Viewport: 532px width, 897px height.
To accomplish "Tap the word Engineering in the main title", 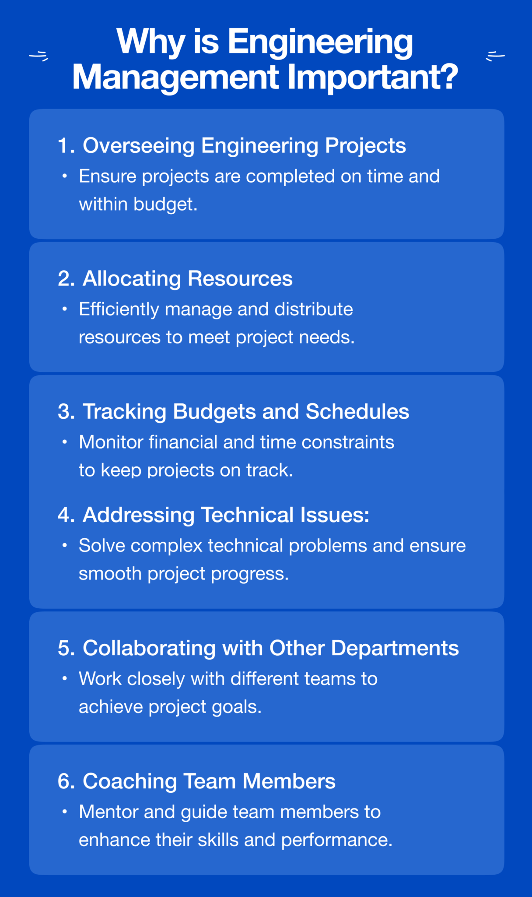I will [320, 42].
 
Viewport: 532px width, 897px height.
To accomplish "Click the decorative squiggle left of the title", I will [38, 56].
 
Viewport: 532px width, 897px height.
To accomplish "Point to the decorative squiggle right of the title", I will [495, 56].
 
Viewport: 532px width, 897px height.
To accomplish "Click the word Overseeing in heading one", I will [138, 145].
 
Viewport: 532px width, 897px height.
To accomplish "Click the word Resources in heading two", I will [240, 279].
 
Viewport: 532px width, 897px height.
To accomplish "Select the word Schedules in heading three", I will [357, 412].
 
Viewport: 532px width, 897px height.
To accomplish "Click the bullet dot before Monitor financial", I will [65, 442].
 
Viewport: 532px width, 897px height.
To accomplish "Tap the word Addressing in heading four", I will [138, 515].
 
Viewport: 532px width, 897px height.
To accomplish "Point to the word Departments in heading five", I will [395, 648].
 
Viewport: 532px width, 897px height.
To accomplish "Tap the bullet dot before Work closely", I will [65, 678].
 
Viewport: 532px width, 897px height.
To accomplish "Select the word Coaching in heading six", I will [129, 781].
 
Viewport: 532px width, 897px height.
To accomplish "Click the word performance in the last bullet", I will [336, 840].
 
